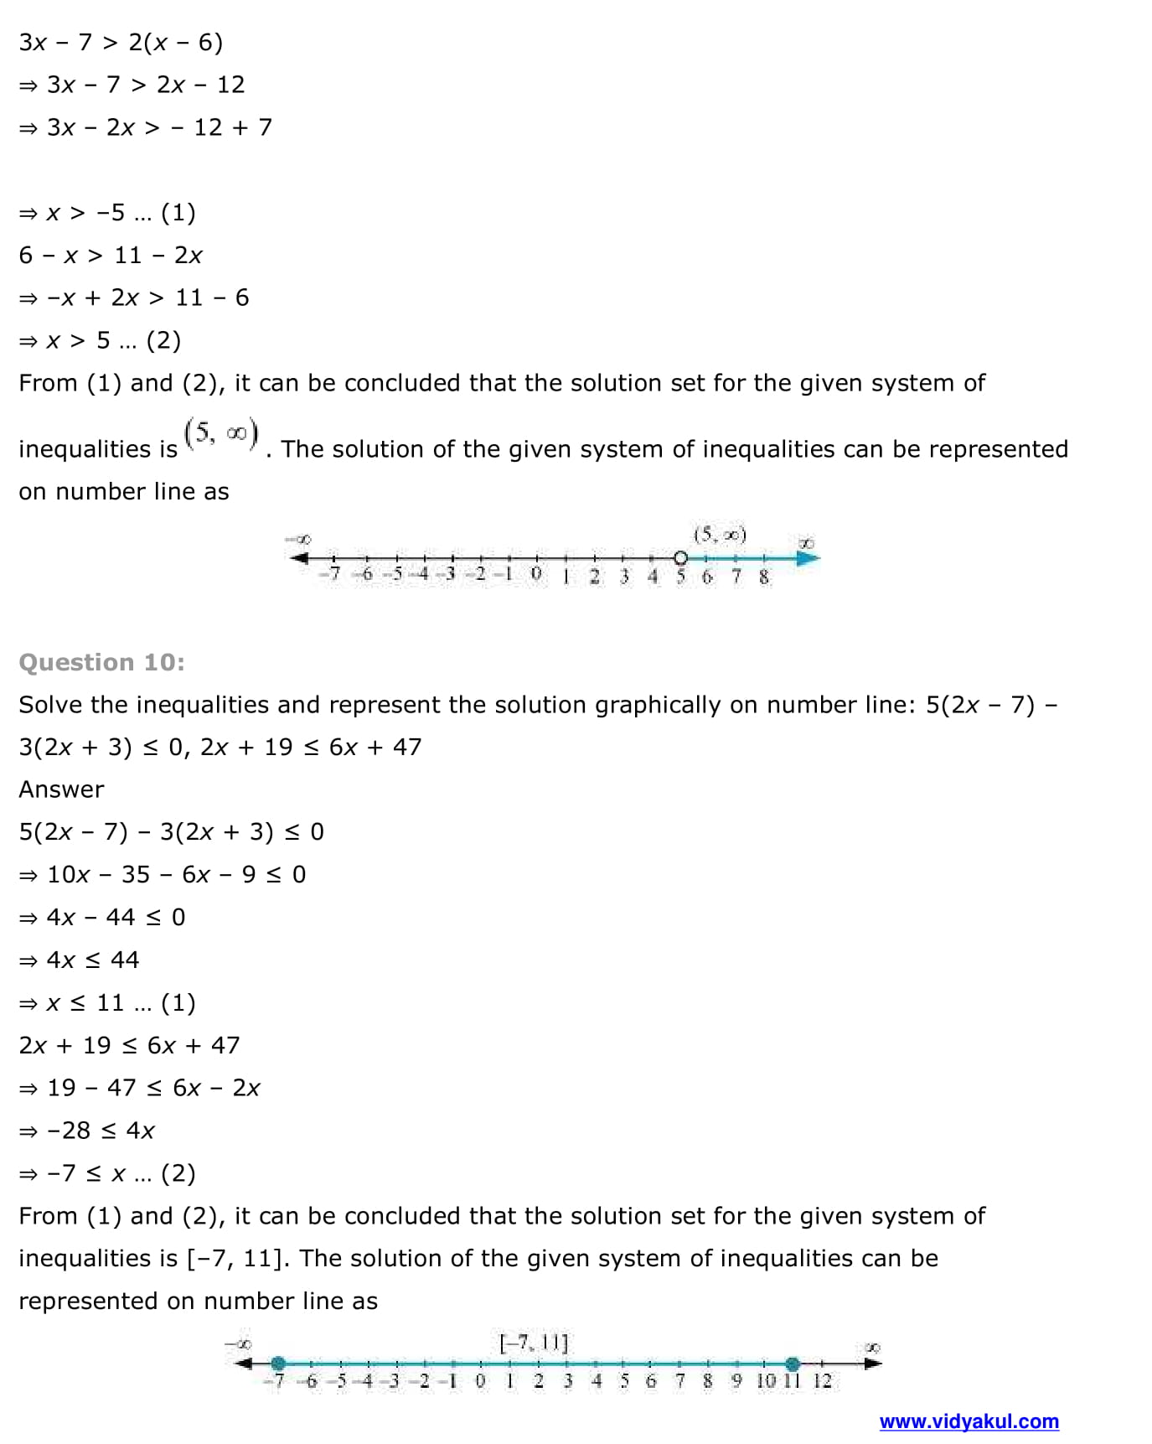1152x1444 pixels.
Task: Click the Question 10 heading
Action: (x=101, y=662)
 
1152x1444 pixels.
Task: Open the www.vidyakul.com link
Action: (x=969, y=1421)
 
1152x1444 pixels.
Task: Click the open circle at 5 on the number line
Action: (x=680, y=558)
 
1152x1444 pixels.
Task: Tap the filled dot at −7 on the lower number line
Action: (x=278, y=1364)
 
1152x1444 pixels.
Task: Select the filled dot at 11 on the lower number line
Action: (x=793, y=1364)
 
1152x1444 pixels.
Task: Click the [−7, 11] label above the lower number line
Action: (x=534, y=1343)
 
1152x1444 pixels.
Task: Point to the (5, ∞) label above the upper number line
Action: (x=720, y=535)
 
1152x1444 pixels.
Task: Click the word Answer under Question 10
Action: (x=61, y=789)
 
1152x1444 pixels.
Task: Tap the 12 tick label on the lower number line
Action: (x=822, y=1380)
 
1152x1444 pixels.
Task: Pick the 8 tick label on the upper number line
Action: (x=764, y=577)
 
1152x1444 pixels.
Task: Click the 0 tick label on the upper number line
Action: (x=536, y=575)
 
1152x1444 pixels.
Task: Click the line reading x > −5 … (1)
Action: (x=106, y=213)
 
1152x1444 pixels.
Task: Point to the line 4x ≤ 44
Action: (x=80, y=960)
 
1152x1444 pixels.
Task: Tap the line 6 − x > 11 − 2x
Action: (x=111, y=255)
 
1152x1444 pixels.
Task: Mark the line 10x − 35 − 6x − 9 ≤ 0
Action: (x=163, y=874)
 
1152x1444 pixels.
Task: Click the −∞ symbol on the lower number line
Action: (x=238, y=1345)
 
